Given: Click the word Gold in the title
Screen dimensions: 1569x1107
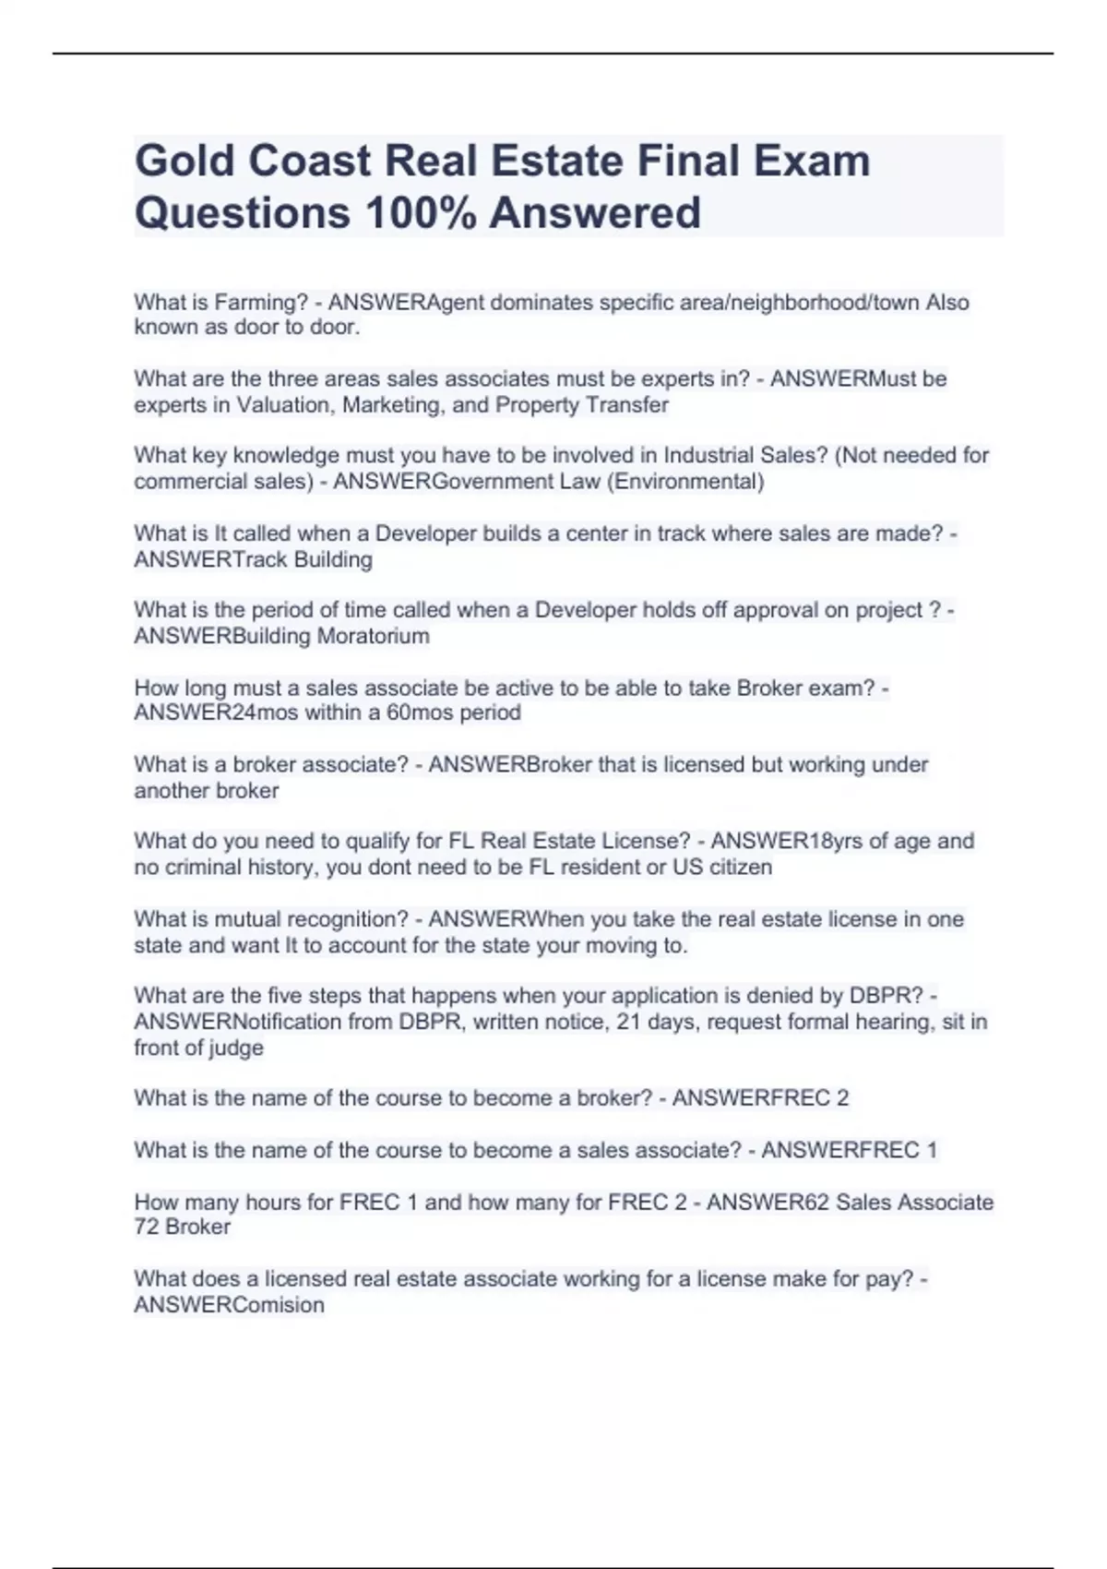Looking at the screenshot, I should [183, 161].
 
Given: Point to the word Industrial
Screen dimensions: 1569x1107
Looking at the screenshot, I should [709, 455].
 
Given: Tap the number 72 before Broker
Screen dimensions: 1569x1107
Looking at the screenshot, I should [147, 1227].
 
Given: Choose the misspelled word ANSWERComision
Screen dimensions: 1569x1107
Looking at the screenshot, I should [229, 1305].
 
